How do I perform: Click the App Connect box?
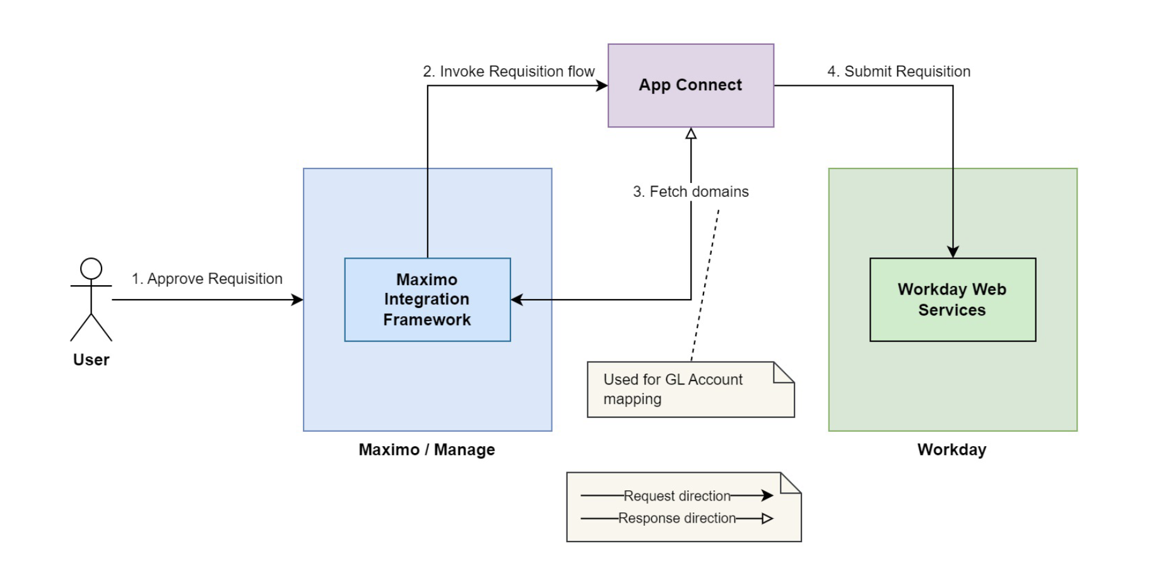tap(690, 85)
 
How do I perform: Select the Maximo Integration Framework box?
tap(427, 299)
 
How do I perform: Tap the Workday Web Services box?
tap(952, 299)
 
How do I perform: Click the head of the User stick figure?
tap(91, 268)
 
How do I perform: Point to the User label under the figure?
tap(91, 360)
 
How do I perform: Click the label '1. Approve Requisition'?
tap(207, 279)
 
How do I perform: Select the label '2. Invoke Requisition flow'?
tap(509, 71)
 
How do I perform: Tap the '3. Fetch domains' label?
tap(690, 192)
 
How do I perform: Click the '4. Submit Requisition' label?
tap(898, 71)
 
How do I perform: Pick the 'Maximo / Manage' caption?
tap(427, 449)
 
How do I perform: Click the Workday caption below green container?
tap(951, 449)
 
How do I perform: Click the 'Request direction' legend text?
tap(676, 496)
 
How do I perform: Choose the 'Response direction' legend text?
tap(676, 518)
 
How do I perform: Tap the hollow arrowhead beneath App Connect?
tap(691, 134)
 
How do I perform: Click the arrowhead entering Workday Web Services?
tap(953, 252)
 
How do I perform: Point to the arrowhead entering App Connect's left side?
tap(602, 85)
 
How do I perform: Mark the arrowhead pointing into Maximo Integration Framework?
tap(517, 300)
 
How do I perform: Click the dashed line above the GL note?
tap(705, 284)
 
